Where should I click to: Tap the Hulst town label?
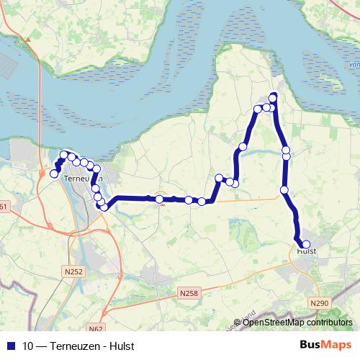coord(307,251)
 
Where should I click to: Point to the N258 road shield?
coord(188,292)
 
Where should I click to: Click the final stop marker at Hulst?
coord(306,244)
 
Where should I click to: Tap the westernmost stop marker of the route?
coord(53,174)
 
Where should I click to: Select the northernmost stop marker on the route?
coord(273,97)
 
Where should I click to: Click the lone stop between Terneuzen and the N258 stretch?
coord(159,199)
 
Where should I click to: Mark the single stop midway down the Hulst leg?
coord(284,190)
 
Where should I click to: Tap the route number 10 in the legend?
coord(28,346)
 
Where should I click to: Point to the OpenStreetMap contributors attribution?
coord(297,323)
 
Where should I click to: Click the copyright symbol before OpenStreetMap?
coord(238,323)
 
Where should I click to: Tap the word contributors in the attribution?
coord(328,323)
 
